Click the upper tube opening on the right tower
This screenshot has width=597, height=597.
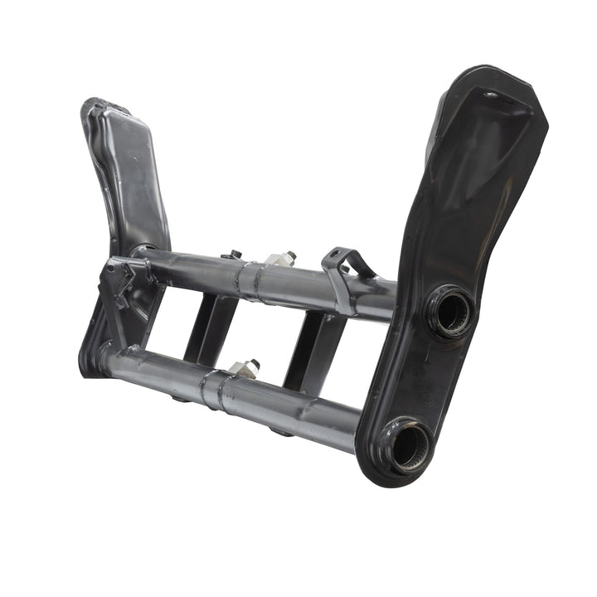click(453, 312)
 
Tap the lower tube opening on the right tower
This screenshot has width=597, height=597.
click(410, 446)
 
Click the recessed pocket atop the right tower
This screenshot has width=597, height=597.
click(489, 133)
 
